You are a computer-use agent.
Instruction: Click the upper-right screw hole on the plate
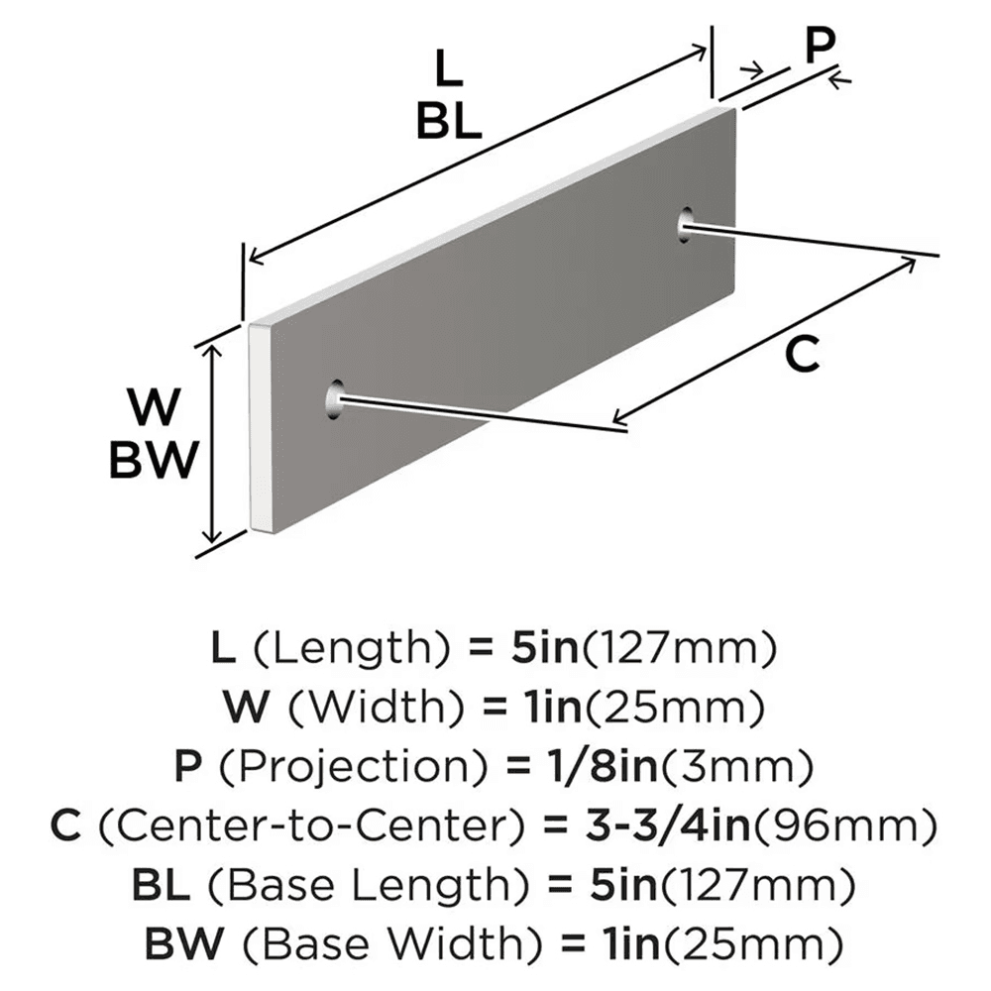pyautogui.click(x=685, y=225)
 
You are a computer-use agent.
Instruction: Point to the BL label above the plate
pyautogui.click(x=448, y=122)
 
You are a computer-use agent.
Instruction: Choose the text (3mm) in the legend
pyautogui.click(x=749, y=766)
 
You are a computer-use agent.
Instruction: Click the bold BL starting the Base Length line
pyautogui.click(x=161, y=880)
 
